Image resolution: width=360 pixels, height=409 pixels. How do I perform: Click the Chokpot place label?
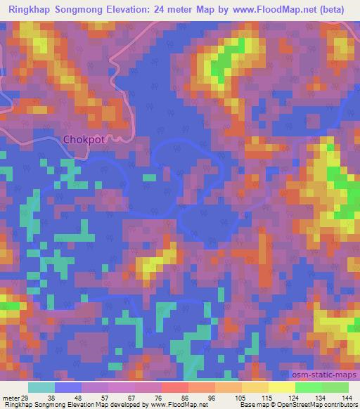pos(84,139)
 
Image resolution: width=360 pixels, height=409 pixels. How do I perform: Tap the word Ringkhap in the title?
pos(32,9)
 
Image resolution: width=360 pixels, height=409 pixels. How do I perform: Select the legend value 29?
pos(25,398)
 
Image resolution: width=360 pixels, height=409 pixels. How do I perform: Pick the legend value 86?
pos(185,398)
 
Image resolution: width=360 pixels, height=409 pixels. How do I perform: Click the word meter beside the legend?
pos(10,398)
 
